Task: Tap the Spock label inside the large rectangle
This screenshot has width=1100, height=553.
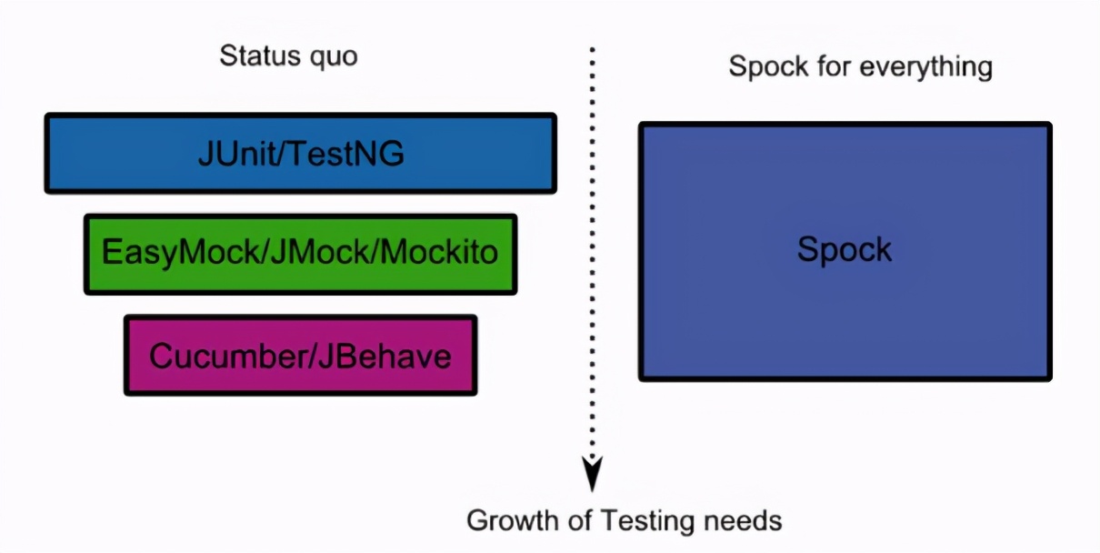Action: tap(845, 249)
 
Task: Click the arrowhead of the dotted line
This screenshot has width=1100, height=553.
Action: tap(593, 473)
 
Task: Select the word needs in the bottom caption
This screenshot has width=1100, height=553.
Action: tap(746, 521)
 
